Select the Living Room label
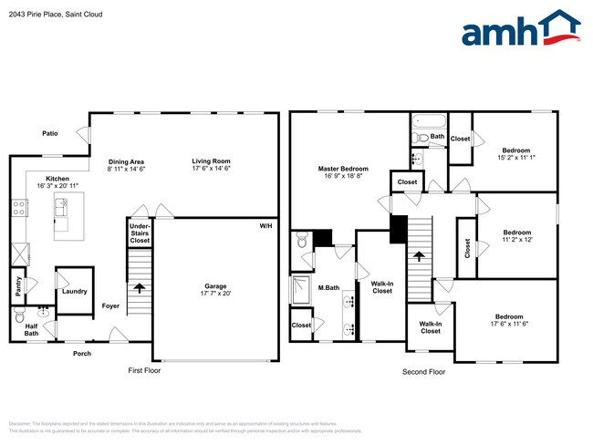pyautogui.click(x=211, y=160)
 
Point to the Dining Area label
pyautogui.click(x=126, y=160)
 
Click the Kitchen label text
pyautogui.click(x=57, y=182)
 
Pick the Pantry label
pyautogui.click(x=18, y=286)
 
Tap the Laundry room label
pyautogui.click(x=75, y=292)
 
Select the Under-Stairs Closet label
pyautogui.click(x=140, y=233)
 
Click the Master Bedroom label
pyautogui.click(x=343, y=173)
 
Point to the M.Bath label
pyautogui.click(x=328, y=290)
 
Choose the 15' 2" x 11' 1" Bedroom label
pyautogui.click(x=516, y=154)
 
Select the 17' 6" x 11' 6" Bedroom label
pyautogui.click(x=509, y=321)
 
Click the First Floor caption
pyautogui.click(x=143, y=371)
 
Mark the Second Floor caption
pyautogui.click(x=424, y=371)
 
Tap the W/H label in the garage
pyautogui.click(x=265, y=226)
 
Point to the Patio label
pyautogui.click(x=50, y=134)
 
